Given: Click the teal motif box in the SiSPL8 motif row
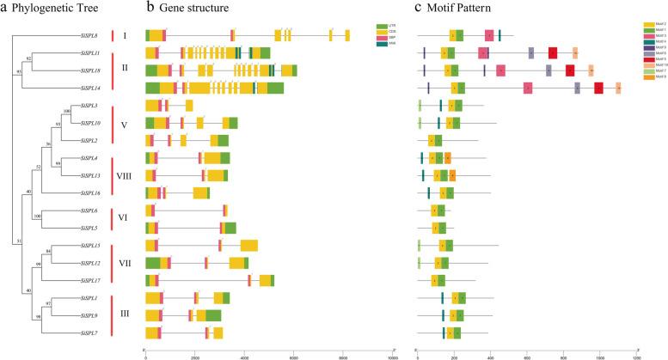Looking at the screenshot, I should (x=499, y=35).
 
